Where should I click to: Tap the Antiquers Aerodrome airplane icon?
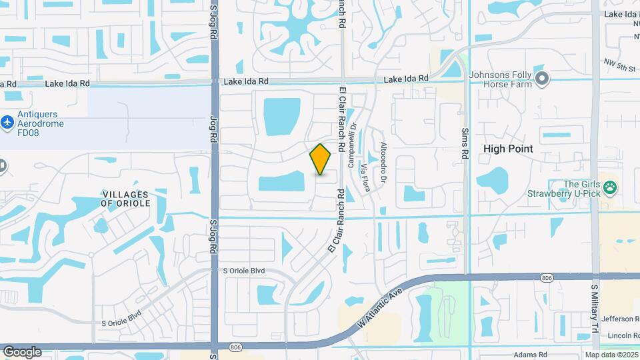[7, 123]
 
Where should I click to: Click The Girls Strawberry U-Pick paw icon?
[609, 187]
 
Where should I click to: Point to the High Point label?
[508, 149]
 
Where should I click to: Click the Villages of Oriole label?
[126, 198]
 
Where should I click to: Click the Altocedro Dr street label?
[383, 163]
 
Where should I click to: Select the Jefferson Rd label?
[620, 319]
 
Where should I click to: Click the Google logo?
[22, 351]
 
